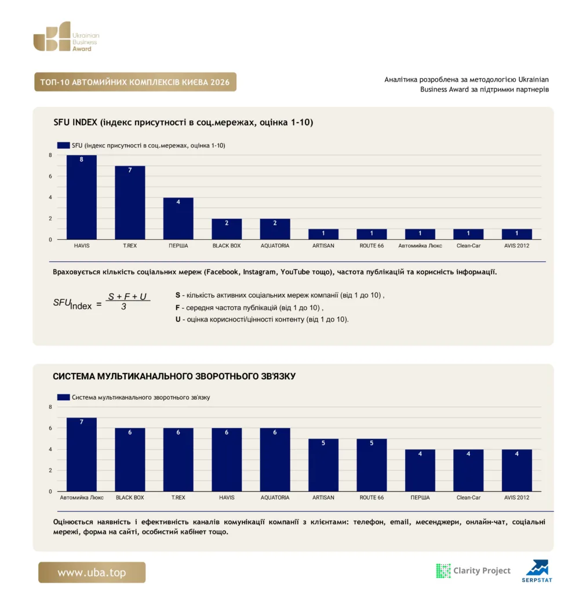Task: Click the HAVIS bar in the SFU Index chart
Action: pyautogui.click(x=81, y=197)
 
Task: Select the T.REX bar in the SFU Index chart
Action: pyautogui.click(x=130, y=202)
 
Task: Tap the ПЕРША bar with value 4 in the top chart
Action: pyautogui.click(x=179, y=218)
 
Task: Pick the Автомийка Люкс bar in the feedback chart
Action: pyautogui.click(x=81, y=454)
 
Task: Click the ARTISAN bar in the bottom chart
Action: pyautogui.click(x=323, y=465)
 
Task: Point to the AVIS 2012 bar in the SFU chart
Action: pyautogui.click(x=517, y=234)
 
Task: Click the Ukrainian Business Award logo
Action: pyautogui.click(x=66, y=36)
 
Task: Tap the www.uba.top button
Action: pyautogui.click(x=92, y=572)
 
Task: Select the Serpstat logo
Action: pyautogui.click(x=537, y=571)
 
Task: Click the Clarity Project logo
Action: pyautogui.click(x=474, y=570)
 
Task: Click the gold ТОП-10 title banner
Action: pyautogui.click(x=135, y=82)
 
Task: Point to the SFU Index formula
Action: pyautogui.click(x=101, y=302)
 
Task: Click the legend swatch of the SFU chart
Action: pyautogui.click(x=63, y=145)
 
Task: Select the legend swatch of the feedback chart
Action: pyautogui.click(x=63, y=397)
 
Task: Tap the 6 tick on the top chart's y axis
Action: pyautogui.click(x=50, y=176)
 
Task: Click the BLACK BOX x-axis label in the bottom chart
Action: pyautogui.click(x=130, y=497)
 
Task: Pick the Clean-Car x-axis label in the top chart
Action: pyautogui.click(x=468, y=246)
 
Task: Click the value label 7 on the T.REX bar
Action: pyautogui.click(x=130, y=170)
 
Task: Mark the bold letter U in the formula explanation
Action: pyautogui.click(x=178, y=319)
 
